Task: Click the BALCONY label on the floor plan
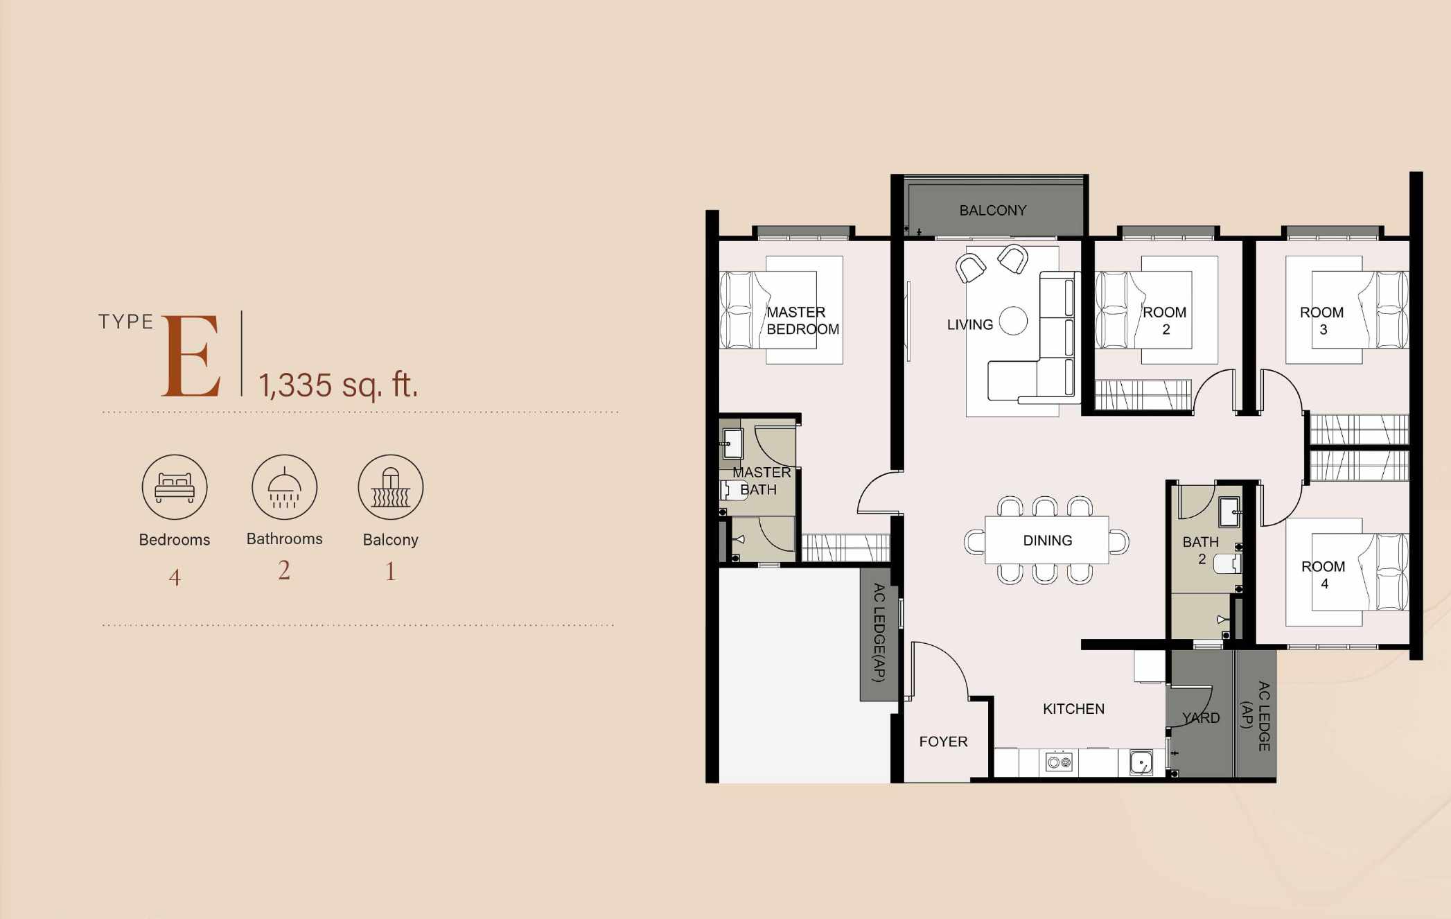992,210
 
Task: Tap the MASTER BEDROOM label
802,321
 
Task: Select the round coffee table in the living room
1013,321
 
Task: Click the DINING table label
1047,541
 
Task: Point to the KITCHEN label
1073,709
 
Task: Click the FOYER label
943,742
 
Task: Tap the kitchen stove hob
1059,762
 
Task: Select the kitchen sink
1141,762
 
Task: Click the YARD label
1201,718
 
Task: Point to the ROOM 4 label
1323,575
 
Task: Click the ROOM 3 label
1321,321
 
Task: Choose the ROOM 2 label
1165,321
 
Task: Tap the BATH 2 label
1200,550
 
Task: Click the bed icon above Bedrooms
175,487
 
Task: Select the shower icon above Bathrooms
284,487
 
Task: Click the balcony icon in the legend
391,487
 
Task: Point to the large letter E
191,356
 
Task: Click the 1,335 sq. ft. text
338,385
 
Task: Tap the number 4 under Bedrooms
175,577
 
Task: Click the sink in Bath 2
1230,512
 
